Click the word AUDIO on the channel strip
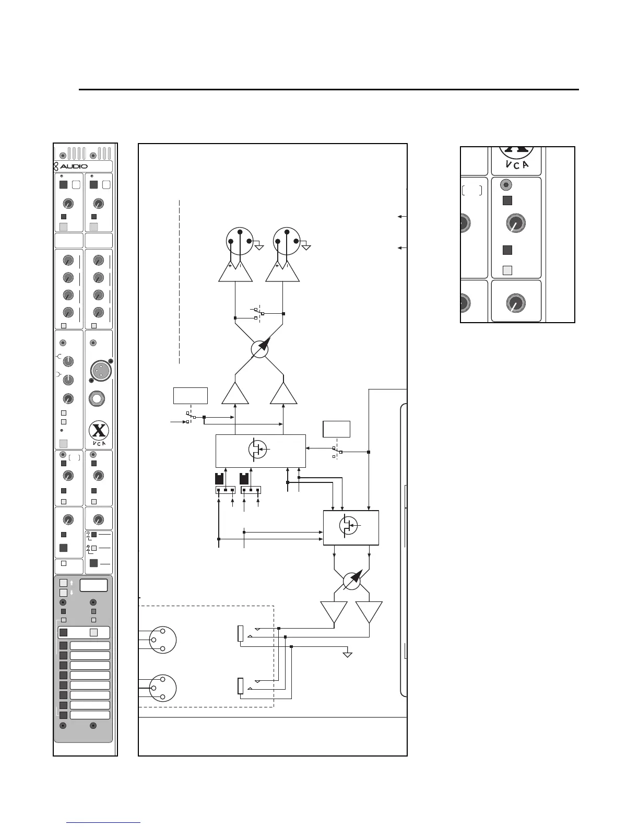74,167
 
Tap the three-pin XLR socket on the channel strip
98,371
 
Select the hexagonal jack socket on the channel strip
98,399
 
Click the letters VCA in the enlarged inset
517,164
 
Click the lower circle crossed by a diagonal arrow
352,581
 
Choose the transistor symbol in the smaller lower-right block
349,526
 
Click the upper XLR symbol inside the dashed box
162,640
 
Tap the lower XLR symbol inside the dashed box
162,688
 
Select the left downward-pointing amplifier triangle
334,612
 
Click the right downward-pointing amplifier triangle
369,612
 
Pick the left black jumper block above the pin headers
220,478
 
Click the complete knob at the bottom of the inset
516,303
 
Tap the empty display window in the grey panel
94,585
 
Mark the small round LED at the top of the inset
505,185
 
